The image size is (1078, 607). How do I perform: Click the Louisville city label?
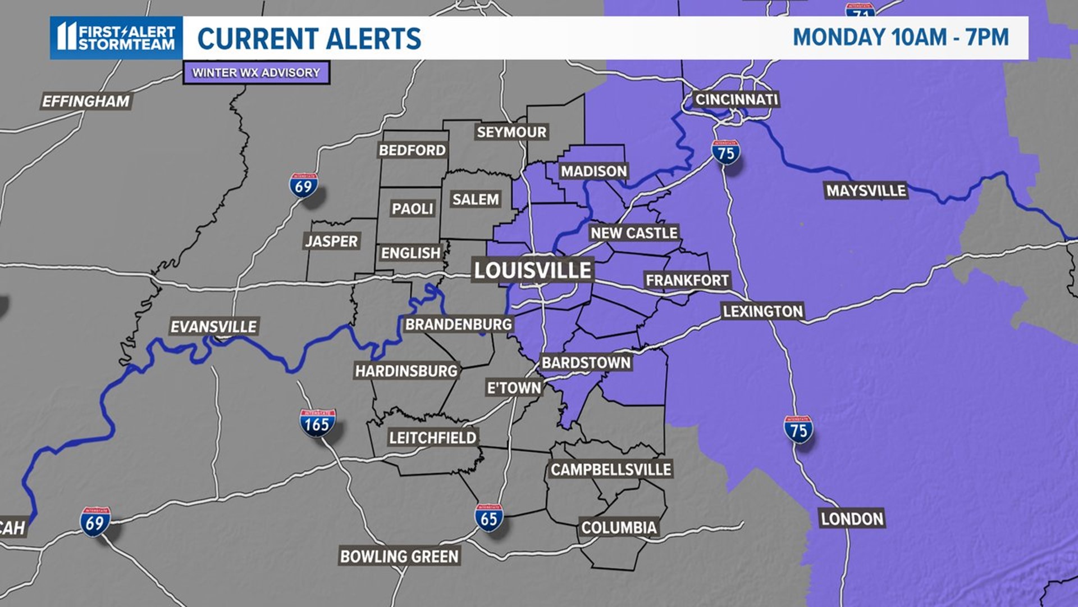[x=532, y=270]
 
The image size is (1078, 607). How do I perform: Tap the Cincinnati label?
[x=736, y=99]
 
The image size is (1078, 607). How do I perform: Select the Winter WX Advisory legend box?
[x=256, y=73]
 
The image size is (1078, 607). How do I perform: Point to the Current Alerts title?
[x=309, y=38]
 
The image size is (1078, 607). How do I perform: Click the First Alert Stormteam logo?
[x=116, y=38]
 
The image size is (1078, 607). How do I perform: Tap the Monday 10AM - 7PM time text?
[x=900, y=37]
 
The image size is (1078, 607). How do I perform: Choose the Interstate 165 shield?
[x=317, y=423]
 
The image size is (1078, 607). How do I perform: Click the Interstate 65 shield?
[x=488, y=518]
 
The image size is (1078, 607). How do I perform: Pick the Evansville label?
[x=213, y=327]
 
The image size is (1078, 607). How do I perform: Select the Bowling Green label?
[x=399, y=556]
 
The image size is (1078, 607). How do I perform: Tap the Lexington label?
[x=762, y=311]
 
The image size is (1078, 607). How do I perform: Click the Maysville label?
[x=866, y=191]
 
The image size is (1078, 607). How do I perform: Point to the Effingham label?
[x=86, y=101]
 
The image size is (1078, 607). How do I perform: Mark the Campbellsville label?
[x=611, y=469]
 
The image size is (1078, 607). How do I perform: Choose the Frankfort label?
[x=687, y=280]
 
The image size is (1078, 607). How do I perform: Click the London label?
[x=852, y=518]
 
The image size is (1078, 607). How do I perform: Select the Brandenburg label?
[x=459, y=324]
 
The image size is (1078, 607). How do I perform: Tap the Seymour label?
[x=511, y=132]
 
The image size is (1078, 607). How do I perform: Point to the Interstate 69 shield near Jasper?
[x=304, y=185]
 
